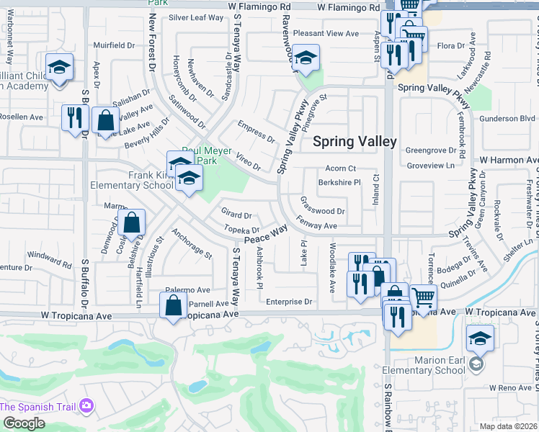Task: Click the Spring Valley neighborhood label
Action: point(355,141)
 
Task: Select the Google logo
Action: point(24,423)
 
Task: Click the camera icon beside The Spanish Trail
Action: point(86,407)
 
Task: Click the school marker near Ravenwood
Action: point(306,60)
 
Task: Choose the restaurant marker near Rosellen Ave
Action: point(75,117)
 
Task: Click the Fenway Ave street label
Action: point(316,225)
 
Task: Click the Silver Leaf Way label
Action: point(197,17)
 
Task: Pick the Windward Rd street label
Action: point(50,260)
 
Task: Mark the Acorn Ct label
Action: point(341,168)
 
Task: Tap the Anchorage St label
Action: point(192,243)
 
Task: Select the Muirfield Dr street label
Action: point(114,45)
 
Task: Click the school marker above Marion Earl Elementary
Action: point(480,338)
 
